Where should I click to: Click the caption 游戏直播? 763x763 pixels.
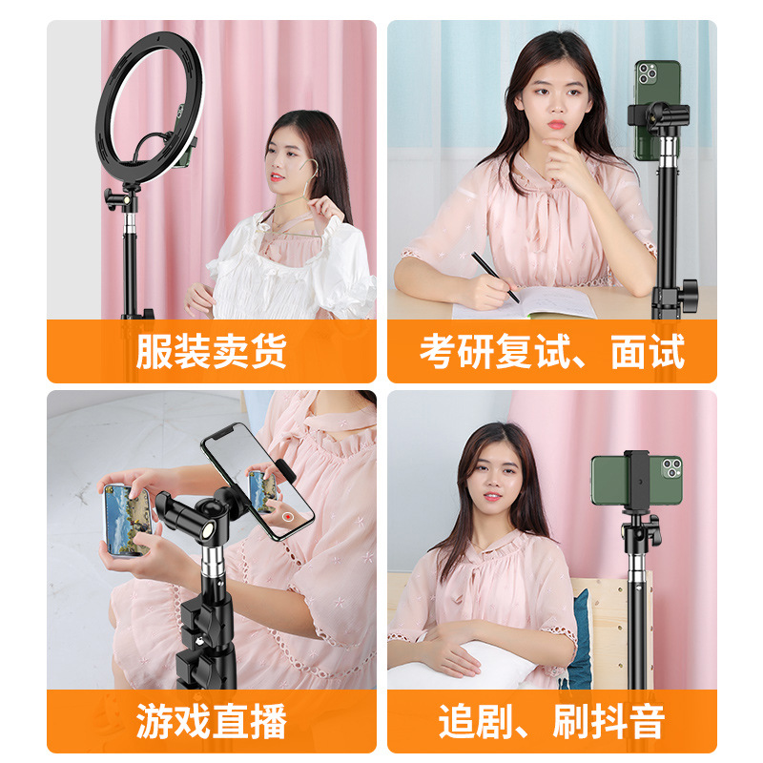211,721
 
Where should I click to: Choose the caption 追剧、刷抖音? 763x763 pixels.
551,721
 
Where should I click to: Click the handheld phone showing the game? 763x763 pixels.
128,519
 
